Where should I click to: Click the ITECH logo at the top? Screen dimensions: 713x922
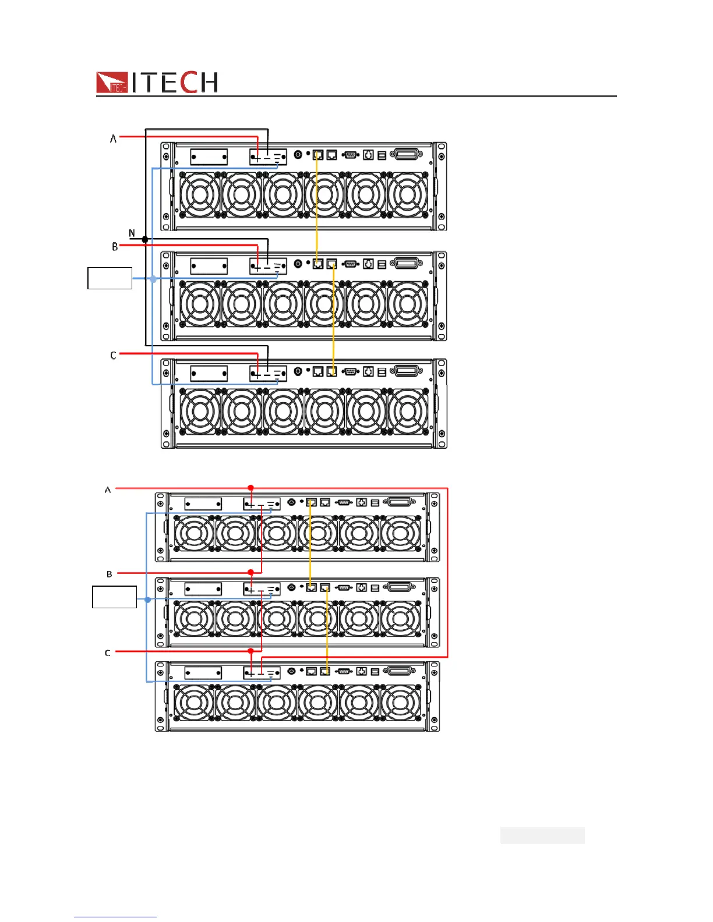click(x=157, y=82)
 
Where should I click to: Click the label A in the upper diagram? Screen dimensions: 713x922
click(x=114, y=139)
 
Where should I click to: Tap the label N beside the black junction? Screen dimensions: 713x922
click(x=132, y=233)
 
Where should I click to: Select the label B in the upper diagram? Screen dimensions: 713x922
click(x=115, y=247)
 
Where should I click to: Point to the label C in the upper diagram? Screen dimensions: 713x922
click(x=114, y=355)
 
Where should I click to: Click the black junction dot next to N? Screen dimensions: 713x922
click(x=144, y=239)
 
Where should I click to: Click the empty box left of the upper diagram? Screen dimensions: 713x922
click(x=110, y=278)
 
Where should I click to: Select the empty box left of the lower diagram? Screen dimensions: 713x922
click(x=114, y=597)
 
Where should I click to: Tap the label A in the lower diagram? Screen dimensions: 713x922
click(x=108, y=490)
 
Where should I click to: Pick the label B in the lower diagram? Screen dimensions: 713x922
click(x=110, y=574)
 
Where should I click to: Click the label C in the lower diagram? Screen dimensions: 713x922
click(x=107, y=653)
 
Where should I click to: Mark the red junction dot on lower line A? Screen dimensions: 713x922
click(x=251, y=488)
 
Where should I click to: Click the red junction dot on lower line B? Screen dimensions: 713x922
click(x=251, y=572)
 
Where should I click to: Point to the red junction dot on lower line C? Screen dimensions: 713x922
click(x=251, y=651)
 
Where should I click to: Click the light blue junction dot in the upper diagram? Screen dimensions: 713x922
click(x=153, y=279)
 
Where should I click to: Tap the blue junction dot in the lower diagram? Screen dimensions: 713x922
click(x=147, y=600)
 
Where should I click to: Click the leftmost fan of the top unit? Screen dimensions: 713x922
click(x=200, y=195)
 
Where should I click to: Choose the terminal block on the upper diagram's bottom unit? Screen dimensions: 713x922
click(x=268, y=373)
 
